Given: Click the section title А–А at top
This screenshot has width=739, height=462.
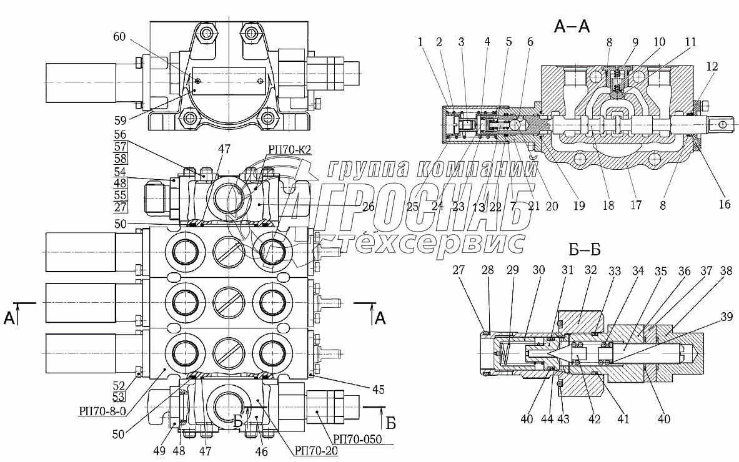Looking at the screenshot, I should (x=572, y=26).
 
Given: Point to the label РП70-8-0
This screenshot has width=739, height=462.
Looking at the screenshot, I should (x=102, y=410).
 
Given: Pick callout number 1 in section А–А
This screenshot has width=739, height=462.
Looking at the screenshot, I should (x=422, y=42).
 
